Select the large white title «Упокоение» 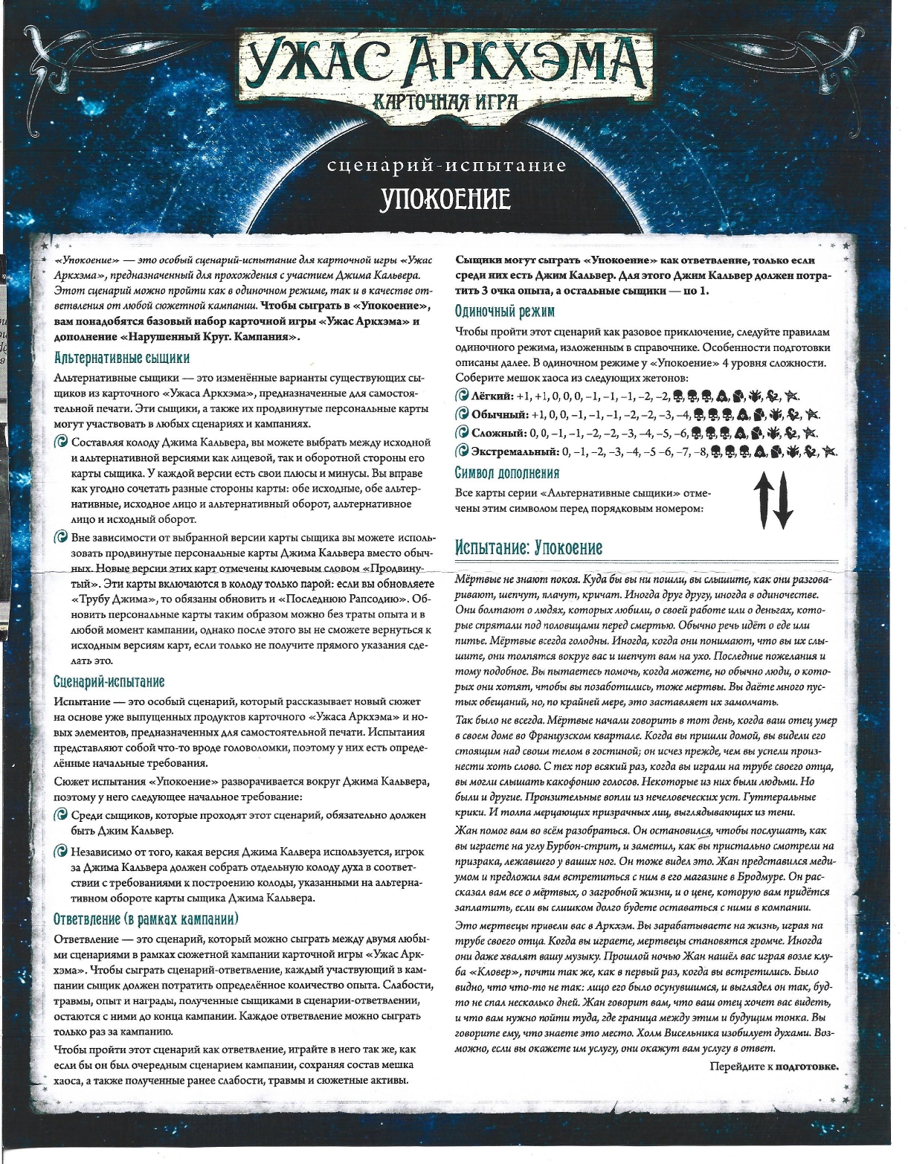[x=445, y=199]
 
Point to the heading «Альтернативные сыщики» [x=122, y=358]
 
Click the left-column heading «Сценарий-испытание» [x=109, y=681]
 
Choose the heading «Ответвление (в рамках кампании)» [x=146, y=919]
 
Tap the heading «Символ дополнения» [x=506, y=473]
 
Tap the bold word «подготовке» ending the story [x=807, y=1067]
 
